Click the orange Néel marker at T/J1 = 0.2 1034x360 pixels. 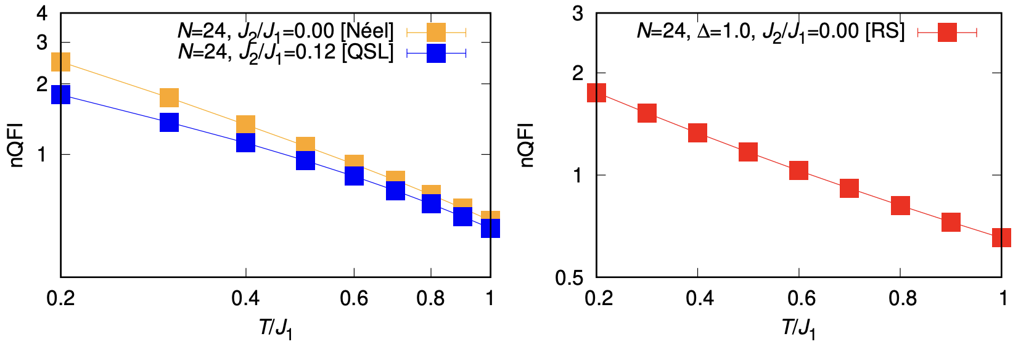click(x=60, y=62)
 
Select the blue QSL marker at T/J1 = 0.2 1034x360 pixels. click(x=60, y=94)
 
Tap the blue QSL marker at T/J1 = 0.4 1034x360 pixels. click(x=245, y=142)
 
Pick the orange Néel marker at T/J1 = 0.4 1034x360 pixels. click(x=245, y=125)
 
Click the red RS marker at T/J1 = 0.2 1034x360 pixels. click(x=596, y=92)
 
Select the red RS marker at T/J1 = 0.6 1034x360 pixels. click(x=798, y=171)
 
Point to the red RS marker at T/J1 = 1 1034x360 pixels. click(x=1001, y=237)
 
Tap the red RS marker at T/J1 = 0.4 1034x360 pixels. click(x=697, y=133)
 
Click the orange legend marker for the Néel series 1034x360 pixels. click(x=436, y=32)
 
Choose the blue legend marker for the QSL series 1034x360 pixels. click(x=436, y=53)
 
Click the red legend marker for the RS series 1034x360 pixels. click(x=947, y=32)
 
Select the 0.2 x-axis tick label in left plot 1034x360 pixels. click(x=60, y=299)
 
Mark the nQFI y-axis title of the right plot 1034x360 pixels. click(x=526, y=145)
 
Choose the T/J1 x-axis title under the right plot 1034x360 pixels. click(x=798, y=328)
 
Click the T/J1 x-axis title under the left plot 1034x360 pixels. click(x=275, y=328)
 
